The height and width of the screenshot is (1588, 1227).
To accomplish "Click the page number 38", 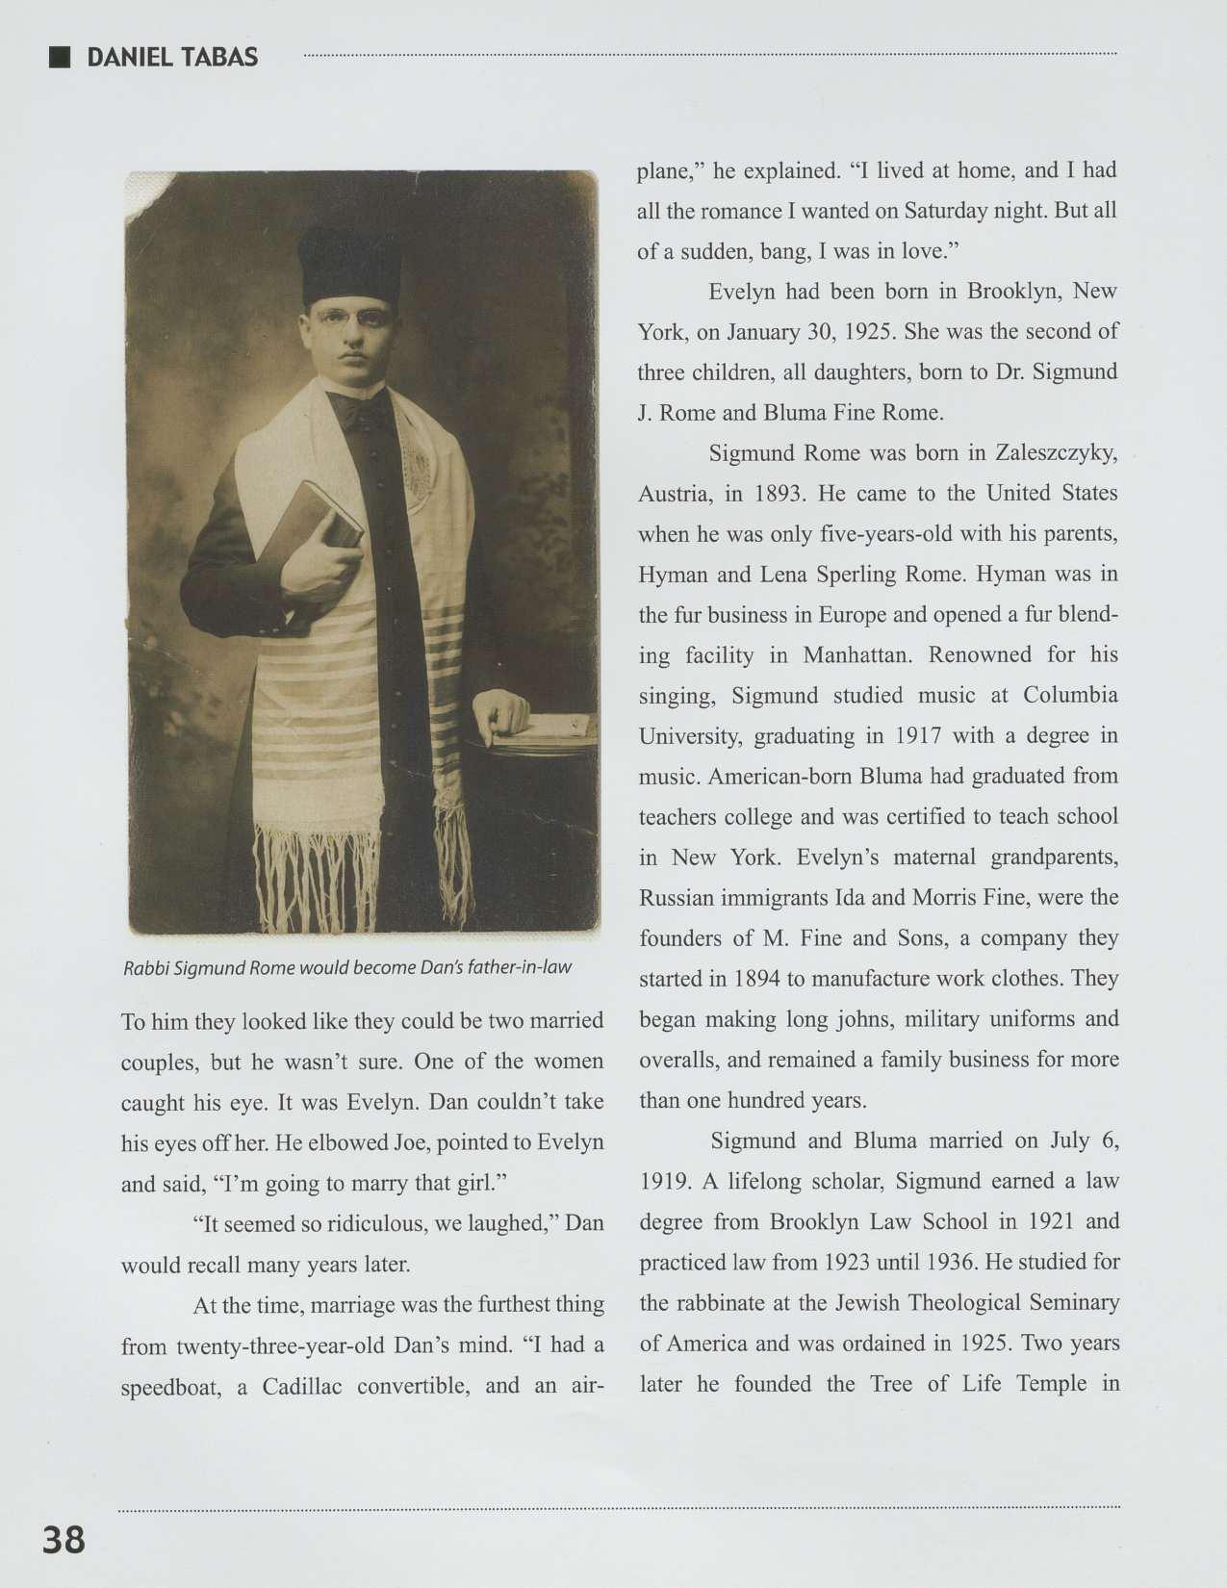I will point(64,1539).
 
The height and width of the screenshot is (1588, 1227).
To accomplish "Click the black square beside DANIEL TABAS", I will point(60,57).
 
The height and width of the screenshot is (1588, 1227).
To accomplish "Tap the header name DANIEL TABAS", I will point(172,58).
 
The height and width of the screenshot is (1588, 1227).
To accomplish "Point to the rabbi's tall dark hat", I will point(348,265).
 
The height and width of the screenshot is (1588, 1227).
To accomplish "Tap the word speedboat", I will point(170,1386).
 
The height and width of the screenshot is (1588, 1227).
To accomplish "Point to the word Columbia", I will point(1070,696).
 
